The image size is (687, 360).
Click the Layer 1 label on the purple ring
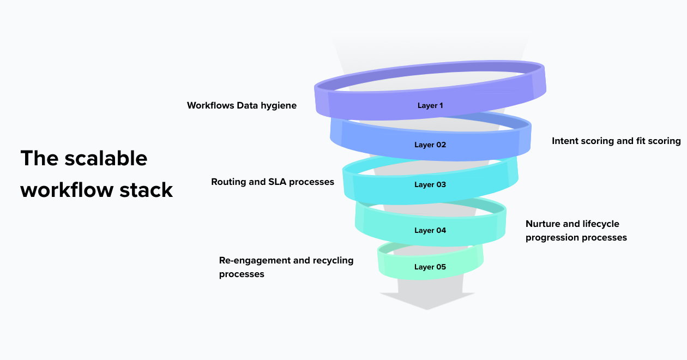click(x=430, y=105)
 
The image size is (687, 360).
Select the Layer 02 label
click(x=430, y=145)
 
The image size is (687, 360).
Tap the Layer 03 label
click(x=430, y=185)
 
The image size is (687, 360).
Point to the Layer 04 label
click(x=430, y=231)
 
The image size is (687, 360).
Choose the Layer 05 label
click(x=430, y=267)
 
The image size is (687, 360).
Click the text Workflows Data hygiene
click(x=242, y=106)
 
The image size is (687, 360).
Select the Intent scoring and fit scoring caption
click(x=616, y=141)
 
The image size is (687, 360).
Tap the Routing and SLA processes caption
click(x=273, y=182)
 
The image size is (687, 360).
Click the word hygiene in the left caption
click(x=279, y=106)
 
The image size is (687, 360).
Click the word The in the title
click(x=38, y=159)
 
